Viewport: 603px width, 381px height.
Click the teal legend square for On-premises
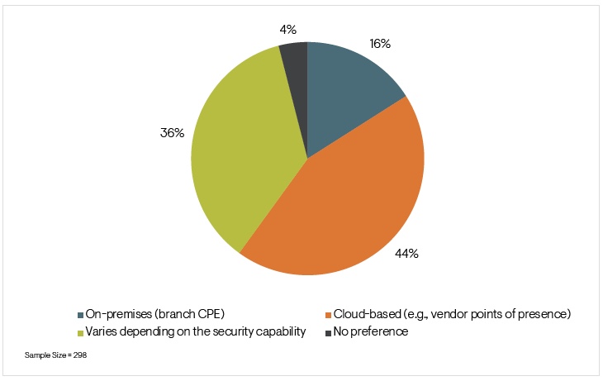80,315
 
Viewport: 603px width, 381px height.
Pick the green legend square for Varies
80,332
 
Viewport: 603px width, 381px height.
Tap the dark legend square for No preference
328,332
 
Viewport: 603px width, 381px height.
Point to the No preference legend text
371,332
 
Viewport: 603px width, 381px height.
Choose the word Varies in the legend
101,332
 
